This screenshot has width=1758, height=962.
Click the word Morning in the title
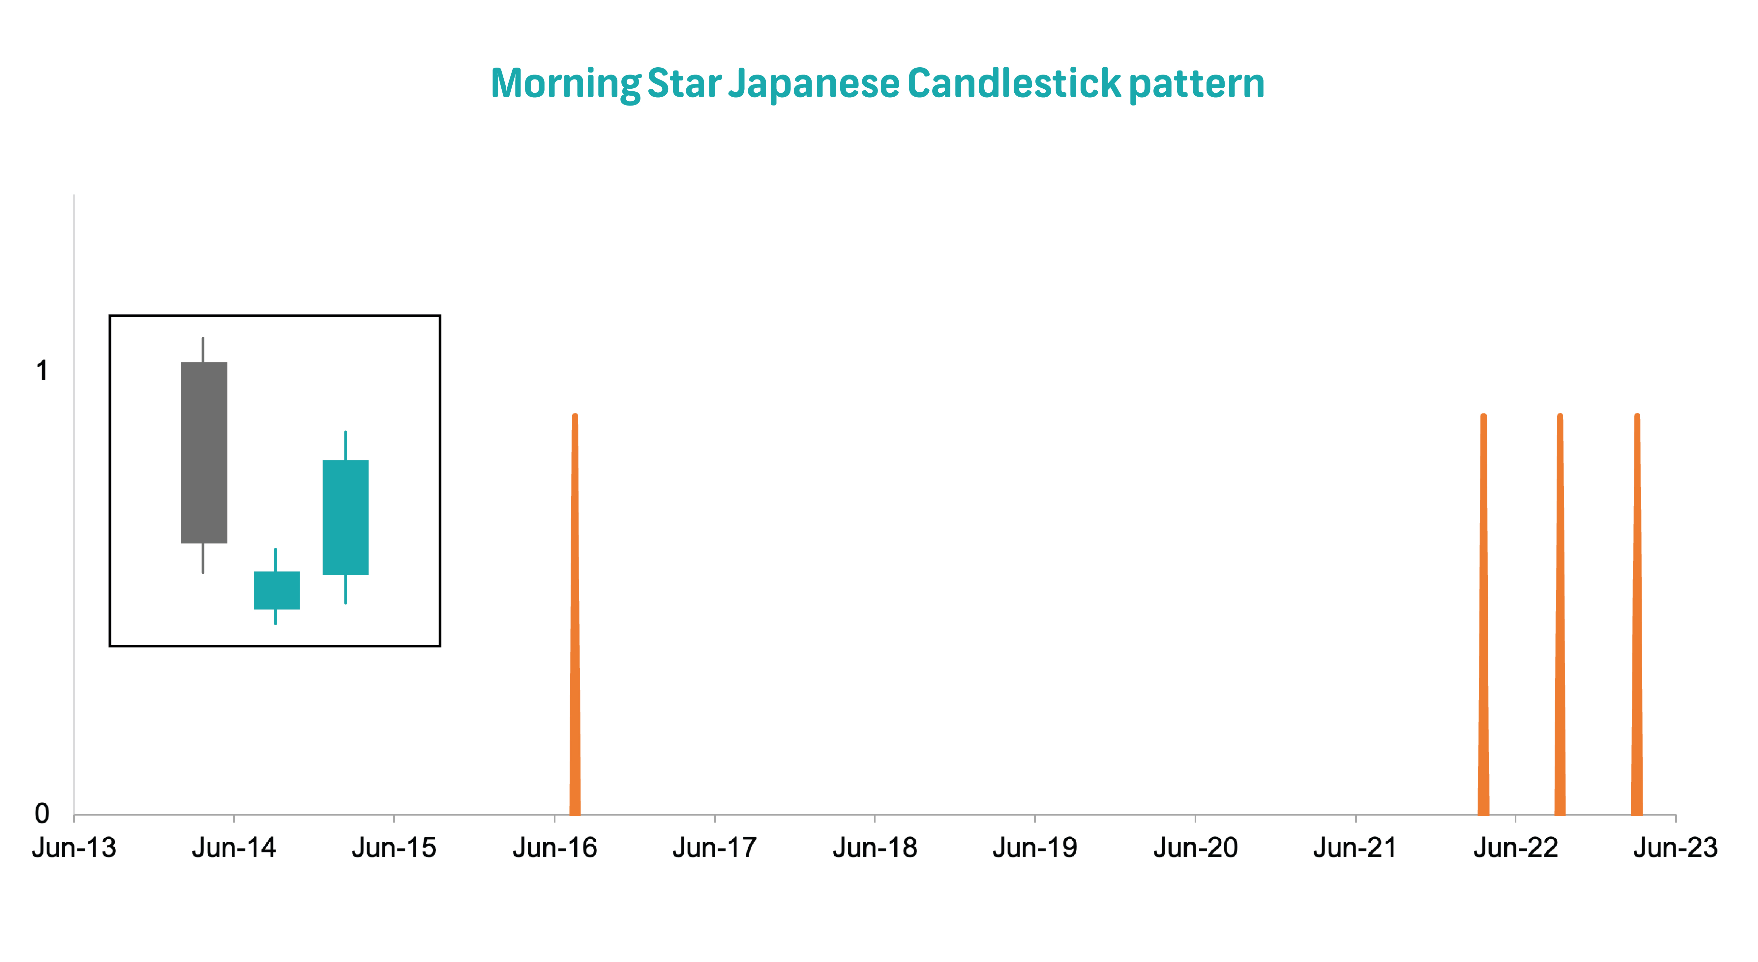565,84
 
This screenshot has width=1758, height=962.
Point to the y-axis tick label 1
42,371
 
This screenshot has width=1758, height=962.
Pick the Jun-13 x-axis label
74,848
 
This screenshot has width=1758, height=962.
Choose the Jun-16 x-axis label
554,848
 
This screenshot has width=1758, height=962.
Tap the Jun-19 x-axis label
1035,848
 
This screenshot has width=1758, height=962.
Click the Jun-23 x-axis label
1675,848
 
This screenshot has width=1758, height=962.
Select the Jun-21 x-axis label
1355,848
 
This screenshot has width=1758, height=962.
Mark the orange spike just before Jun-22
1483,614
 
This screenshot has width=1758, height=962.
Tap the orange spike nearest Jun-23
1636,614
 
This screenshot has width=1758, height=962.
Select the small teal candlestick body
276,590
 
